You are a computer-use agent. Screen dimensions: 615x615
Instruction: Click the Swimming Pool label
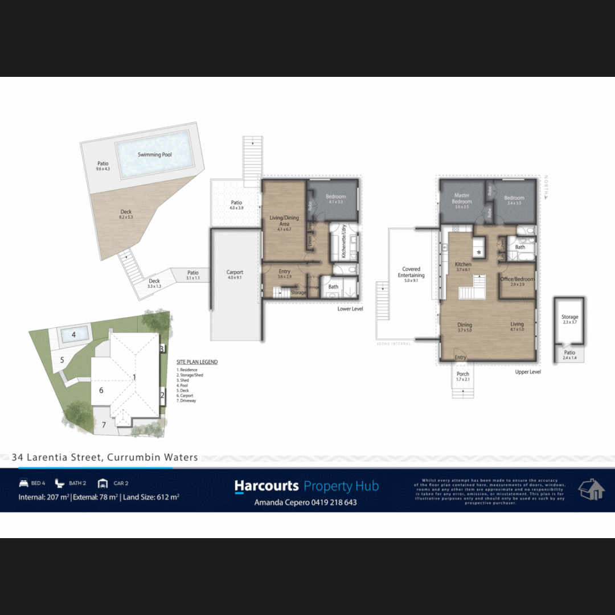coord(154,154)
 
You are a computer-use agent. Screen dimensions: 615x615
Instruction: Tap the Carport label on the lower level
coord(235,273)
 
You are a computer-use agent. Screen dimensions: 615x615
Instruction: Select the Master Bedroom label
coord(462,198)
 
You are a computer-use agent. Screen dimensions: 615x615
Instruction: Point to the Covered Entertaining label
coord(411,272)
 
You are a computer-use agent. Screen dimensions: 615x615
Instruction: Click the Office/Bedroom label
coord(518,279)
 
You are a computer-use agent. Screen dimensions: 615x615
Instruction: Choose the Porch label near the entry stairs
coord(463,374)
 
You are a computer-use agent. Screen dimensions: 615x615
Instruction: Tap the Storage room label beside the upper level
coord(569,317)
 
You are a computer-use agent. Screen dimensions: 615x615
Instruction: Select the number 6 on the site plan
coord(101,390)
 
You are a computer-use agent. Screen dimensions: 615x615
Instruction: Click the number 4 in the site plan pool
coord(73,335)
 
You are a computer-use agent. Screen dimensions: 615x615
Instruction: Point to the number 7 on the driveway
coord(104,425)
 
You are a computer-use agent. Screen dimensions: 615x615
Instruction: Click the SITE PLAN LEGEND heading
coord(197,362)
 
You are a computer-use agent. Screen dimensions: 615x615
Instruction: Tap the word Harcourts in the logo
coord(266,486)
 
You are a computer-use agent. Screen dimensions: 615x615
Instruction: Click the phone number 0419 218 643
coord(330,502)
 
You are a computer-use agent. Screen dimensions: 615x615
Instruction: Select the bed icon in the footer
coord(23,483)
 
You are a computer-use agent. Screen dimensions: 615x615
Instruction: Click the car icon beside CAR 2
coord(102,483)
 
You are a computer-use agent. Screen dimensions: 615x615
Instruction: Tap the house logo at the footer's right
coord(592,490)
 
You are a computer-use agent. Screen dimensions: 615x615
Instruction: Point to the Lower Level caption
coord(350,309)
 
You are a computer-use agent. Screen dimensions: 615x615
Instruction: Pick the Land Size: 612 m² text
coord(151,497)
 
